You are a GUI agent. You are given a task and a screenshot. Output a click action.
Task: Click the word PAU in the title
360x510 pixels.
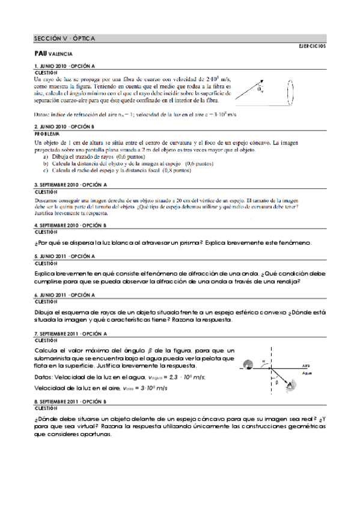tap(40, 53)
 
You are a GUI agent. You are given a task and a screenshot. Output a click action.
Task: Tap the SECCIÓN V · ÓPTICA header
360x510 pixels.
tap(64, 38)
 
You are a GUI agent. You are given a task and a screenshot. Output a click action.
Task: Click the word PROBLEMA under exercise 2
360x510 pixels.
tap(46, 134)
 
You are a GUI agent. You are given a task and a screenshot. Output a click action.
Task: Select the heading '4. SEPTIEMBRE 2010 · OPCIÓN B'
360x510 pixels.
tap(70, 224)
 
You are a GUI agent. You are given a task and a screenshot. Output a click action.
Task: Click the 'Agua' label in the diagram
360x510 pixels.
tap(307, 373)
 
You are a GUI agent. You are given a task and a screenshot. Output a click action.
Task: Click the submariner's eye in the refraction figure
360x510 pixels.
tap(291, 385)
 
